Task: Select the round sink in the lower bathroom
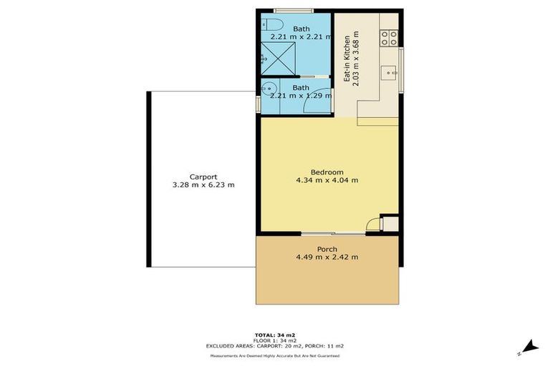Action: [268, 89]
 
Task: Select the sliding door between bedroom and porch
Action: [328, 233]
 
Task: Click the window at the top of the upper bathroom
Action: [294, 11]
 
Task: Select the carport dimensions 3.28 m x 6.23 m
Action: [203, 185]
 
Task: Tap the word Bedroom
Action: [327, 172]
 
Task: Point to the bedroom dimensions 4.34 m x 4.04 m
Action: [327, 180]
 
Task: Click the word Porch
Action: [327, 249]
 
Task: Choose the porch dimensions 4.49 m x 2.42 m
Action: [327, 257]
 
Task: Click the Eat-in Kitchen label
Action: [347, 59]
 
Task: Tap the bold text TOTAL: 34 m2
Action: [275, 335]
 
